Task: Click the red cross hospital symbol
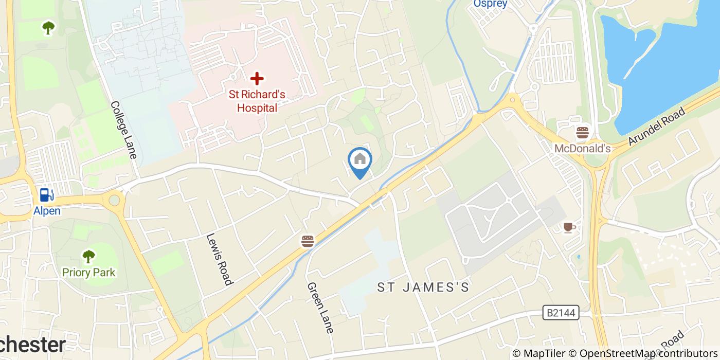257,79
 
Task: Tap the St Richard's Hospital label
257,101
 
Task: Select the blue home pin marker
360,160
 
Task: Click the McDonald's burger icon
583,133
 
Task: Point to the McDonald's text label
582,149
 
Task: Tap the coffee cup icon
568,227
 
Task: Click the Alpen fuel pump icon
47,195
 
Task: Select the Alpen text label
47,211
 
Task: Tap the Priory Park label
89,273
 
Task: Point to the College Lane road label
124,130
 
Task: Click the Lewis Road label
219,259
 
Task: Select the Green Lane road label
320,308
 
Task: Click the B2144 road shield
561,312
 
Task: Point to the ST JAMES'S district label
424,287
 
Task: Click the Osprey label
490,4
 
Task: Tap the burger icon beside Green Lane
308,241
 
